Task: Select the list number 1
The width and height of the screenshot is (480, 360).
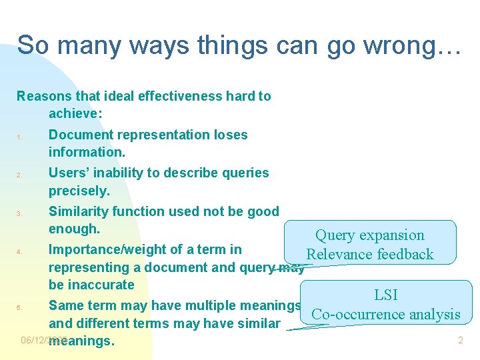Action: tap(21, 138)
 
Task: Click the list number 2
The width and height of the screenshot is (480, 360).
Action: tap(21, 176)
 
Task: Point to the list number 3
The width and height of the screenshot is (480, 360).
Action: tap(21, 214)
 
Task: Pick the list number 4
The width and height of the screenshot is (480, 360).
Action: tap(21, 253)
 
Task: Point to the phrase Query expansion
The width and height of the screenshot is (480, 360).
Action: tap(369, 235)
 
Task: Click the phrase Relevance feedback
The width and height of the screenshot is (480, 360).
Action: tap(369, 254)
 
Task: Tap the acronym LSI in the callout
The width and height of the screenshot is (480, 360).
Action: tap(386, 295)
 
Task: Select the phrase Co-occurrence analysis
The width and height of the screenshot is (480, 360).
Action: tap(386, 314)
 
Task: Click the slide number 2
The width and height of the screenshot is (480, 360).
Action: tap(460, 341)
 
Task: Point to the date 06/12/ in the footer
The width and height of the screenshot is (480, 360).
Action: tap(34, 340)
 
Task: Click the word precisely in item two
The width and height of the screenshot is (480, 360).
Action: tap(79, 191)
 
